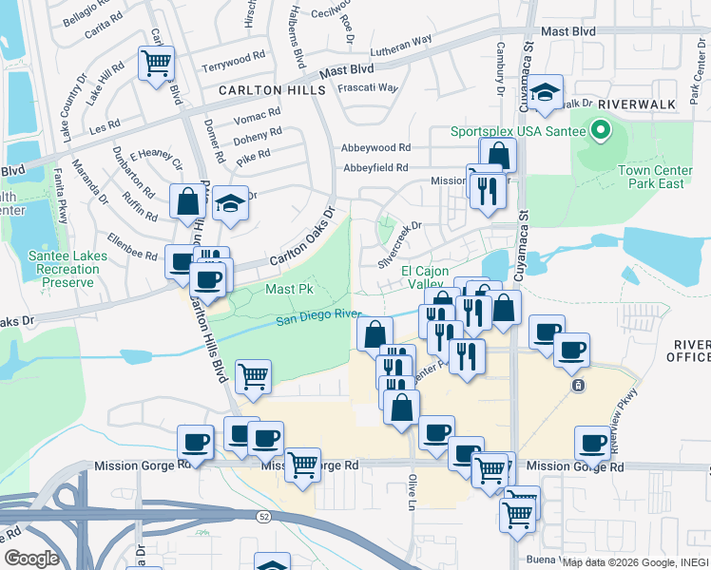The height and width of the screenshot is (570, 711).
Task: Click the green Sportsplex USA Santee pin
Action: click(x=600, y=130)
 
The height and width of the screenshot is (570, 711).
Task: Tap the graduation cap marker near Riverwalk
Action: click(x=546, y=92)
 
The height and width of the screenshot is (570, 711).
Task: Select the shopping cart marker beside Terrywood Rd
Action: click(x=156, y=64)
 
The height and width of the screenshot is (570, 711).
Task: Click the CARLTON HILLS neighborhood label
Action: click(x=271, y=90)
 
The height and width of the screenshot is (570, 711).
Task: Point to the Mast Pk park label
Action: click(x=282, y=288)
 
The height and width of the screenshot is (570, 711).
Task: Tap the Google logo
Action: click(x=31, y=558)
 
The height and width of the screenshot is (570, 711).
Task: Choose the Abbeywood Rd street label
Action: click(x=376, y=148)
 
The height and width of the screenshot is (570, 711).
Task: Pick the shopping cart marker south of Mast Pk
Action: click(x=253, y=376)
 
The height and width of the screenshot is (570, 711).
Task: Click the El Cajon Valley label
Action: click(x=422, y=277)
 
